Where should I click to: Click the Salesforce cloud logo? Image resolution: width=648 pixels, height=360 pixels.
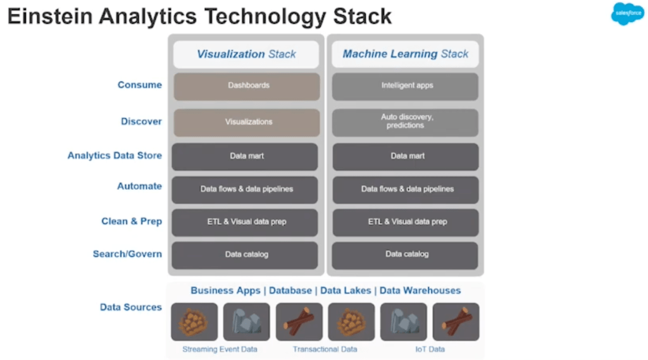tap(627, 14)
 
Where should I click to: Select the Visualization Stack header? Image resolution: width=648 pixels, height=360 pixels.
tap(246, 54)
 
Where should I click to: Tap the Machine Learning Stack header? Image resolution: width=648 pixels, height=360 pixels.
tap(406, 54)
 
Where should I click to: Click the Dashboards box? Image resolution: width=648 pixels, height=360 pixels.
tap(246, 85)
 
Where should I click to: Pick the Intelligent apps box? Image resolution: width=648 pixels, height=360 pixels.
tap(406, 85)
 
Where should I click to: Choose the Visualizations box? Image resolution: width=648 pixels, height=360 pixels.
tap(246, 121)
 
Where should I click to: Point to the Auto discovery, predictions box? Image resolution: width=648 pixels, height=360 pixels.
tap(406, 121)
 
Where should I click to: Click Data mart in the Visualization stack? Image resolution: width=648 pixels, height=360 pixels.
tap(245, 156)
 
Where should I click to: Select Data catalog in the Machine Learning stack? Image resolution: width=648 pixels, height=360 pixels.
tap(406, 254)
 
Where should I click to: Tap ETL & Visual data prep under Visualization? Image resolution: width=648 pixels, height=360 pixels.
tap(245, 222)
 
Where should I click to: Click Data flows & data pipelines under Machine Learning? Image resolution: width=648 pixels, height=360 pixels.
tap(406, 189)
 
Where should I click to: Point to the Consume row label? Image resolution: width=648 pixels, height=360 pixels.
tap(140, 85)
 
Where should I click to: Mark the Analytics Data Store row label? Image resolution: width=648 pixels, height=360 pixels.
tap(115, 156)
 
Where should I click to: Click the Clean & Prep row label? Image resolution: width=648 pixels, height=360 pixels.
tap(132, 221)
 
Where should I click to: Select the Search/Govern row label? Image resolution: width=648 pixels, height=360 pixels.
tap(127, 254)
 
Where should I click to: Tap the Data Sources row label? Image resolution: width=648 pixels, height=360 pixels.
tap(131, 307)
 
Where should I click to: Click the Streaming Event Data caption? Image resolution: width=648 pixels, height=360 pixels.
tap(220, 349)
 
